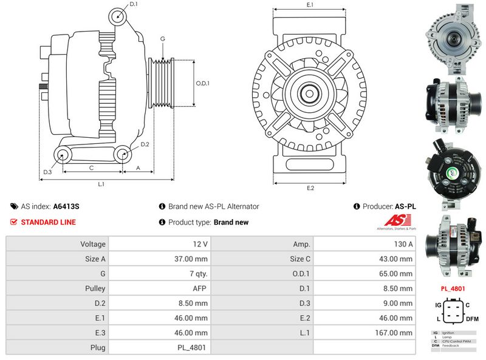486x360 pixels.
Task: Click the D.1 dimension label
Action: click(134, 5)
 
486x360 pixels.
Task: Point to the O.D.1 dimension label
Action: click(202, 84)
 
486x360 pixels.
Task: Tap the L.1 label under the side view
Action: click(101, 183)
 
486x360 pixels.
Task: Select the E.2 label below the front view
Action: click(310, 188)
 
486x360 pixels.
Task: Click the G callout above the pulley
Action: click(163, 39)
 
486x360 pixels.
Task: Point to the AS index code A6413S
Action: click(66, 206)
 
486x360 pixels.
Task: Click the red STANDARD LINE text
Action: click(48, 222)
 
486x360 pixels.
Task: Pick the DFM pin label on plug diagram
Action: click(472, 319)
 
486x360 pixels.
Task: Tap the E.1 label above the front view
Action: click(310, 5)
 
